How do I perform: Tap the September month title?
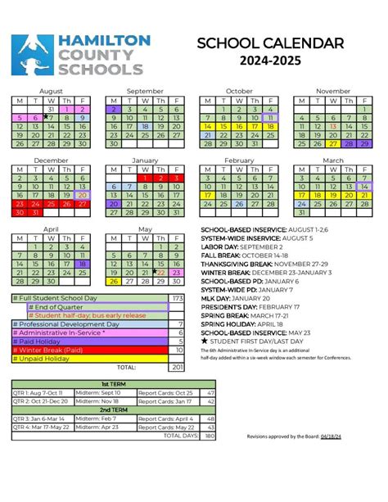[145, 91]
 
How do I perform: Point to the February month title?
[239, 161]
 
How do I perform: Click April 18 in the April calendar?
[82, 264]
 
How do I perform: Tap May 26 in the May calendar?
[114, 282]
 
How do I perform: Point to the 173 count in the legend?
[177, 297]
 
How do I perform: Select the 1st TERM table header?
[114, 383]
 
